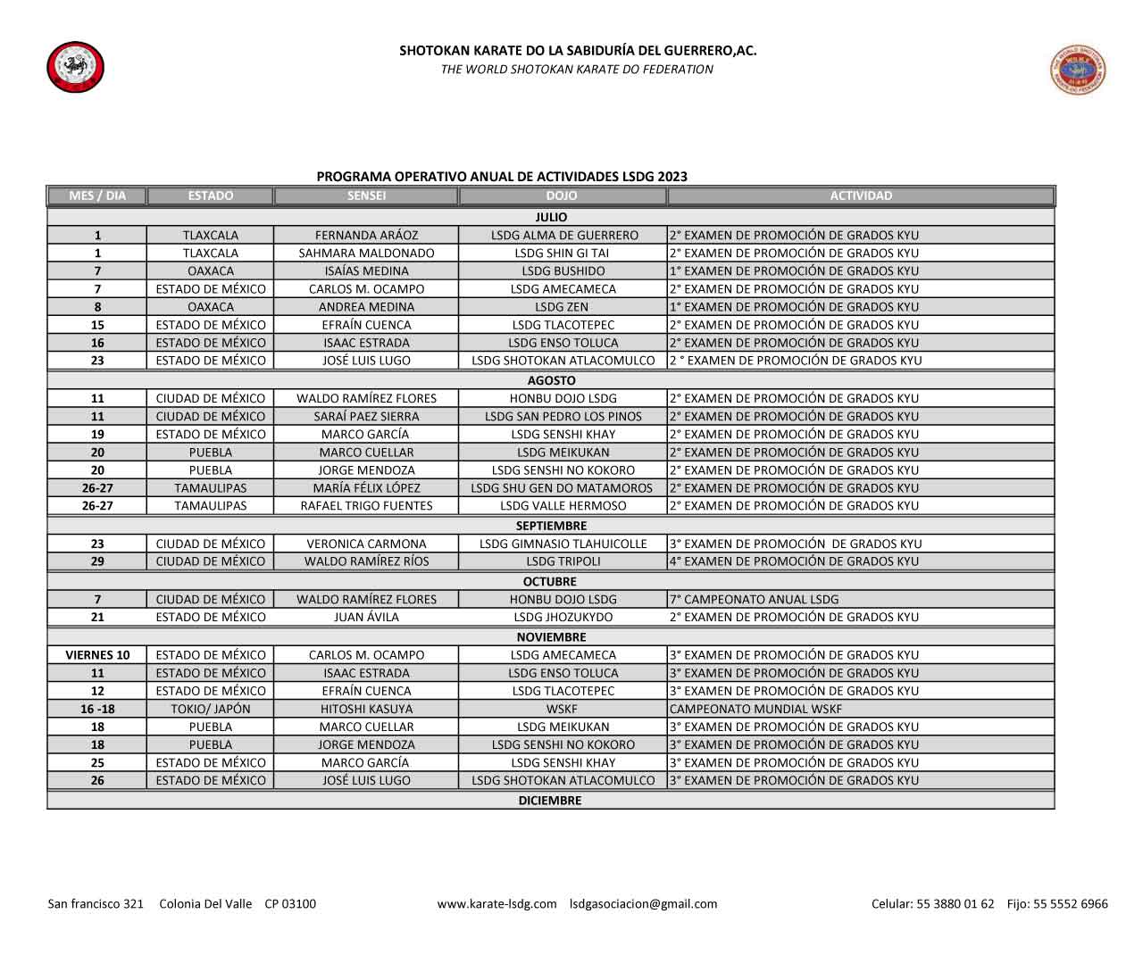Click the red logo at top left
click(75, 67)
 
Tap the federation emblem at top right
click(1078, 70)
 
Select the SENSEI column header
click(366, 195)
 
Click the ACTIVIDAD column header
click(860, 195)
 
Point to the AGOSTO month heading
click(551, 380)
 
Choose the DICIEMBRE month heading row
click(550, 801)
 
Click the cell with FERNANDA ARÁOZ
click(366, 236)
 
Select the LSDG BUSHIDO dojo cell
click(563, 271)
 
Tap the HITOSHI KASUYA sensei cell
click(366, 709)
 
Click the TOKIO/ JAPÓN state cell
click(211, 709)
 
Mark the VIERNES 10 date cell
click(97, 655)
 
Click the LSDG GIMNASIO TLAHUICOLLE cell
click(563, 544)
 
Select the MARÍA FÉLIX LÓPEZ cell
click(366, 488)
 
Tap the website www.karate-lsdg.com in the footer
click(496, 904)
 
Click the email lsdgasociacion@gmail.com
click(643, 904)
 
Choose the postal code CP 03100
click(290, 904)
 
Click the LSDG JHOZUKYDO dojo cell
click(563, 618)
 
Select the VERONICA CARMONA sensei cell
click(366, 544)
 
